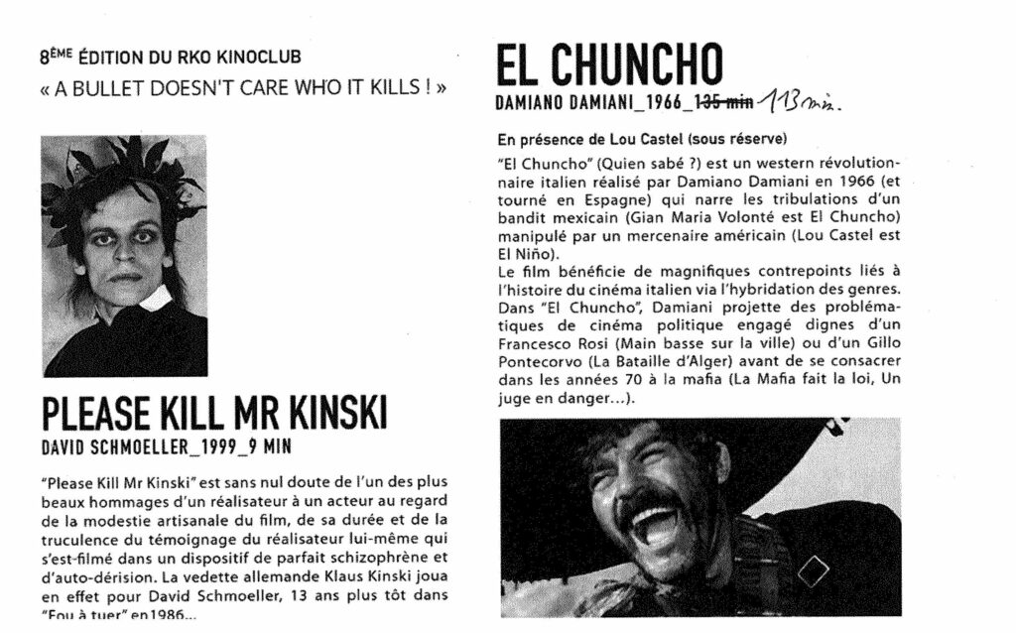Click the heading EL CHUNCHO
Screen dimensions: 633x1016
point(608,64)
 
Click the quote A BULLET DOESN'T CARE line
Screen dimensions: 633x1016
point(243,87)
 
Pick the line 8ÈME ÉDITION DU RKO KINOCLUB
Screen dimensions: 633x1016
point(171,58)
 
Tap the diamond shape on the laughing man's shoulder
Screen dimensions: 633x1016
point(813,570)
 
